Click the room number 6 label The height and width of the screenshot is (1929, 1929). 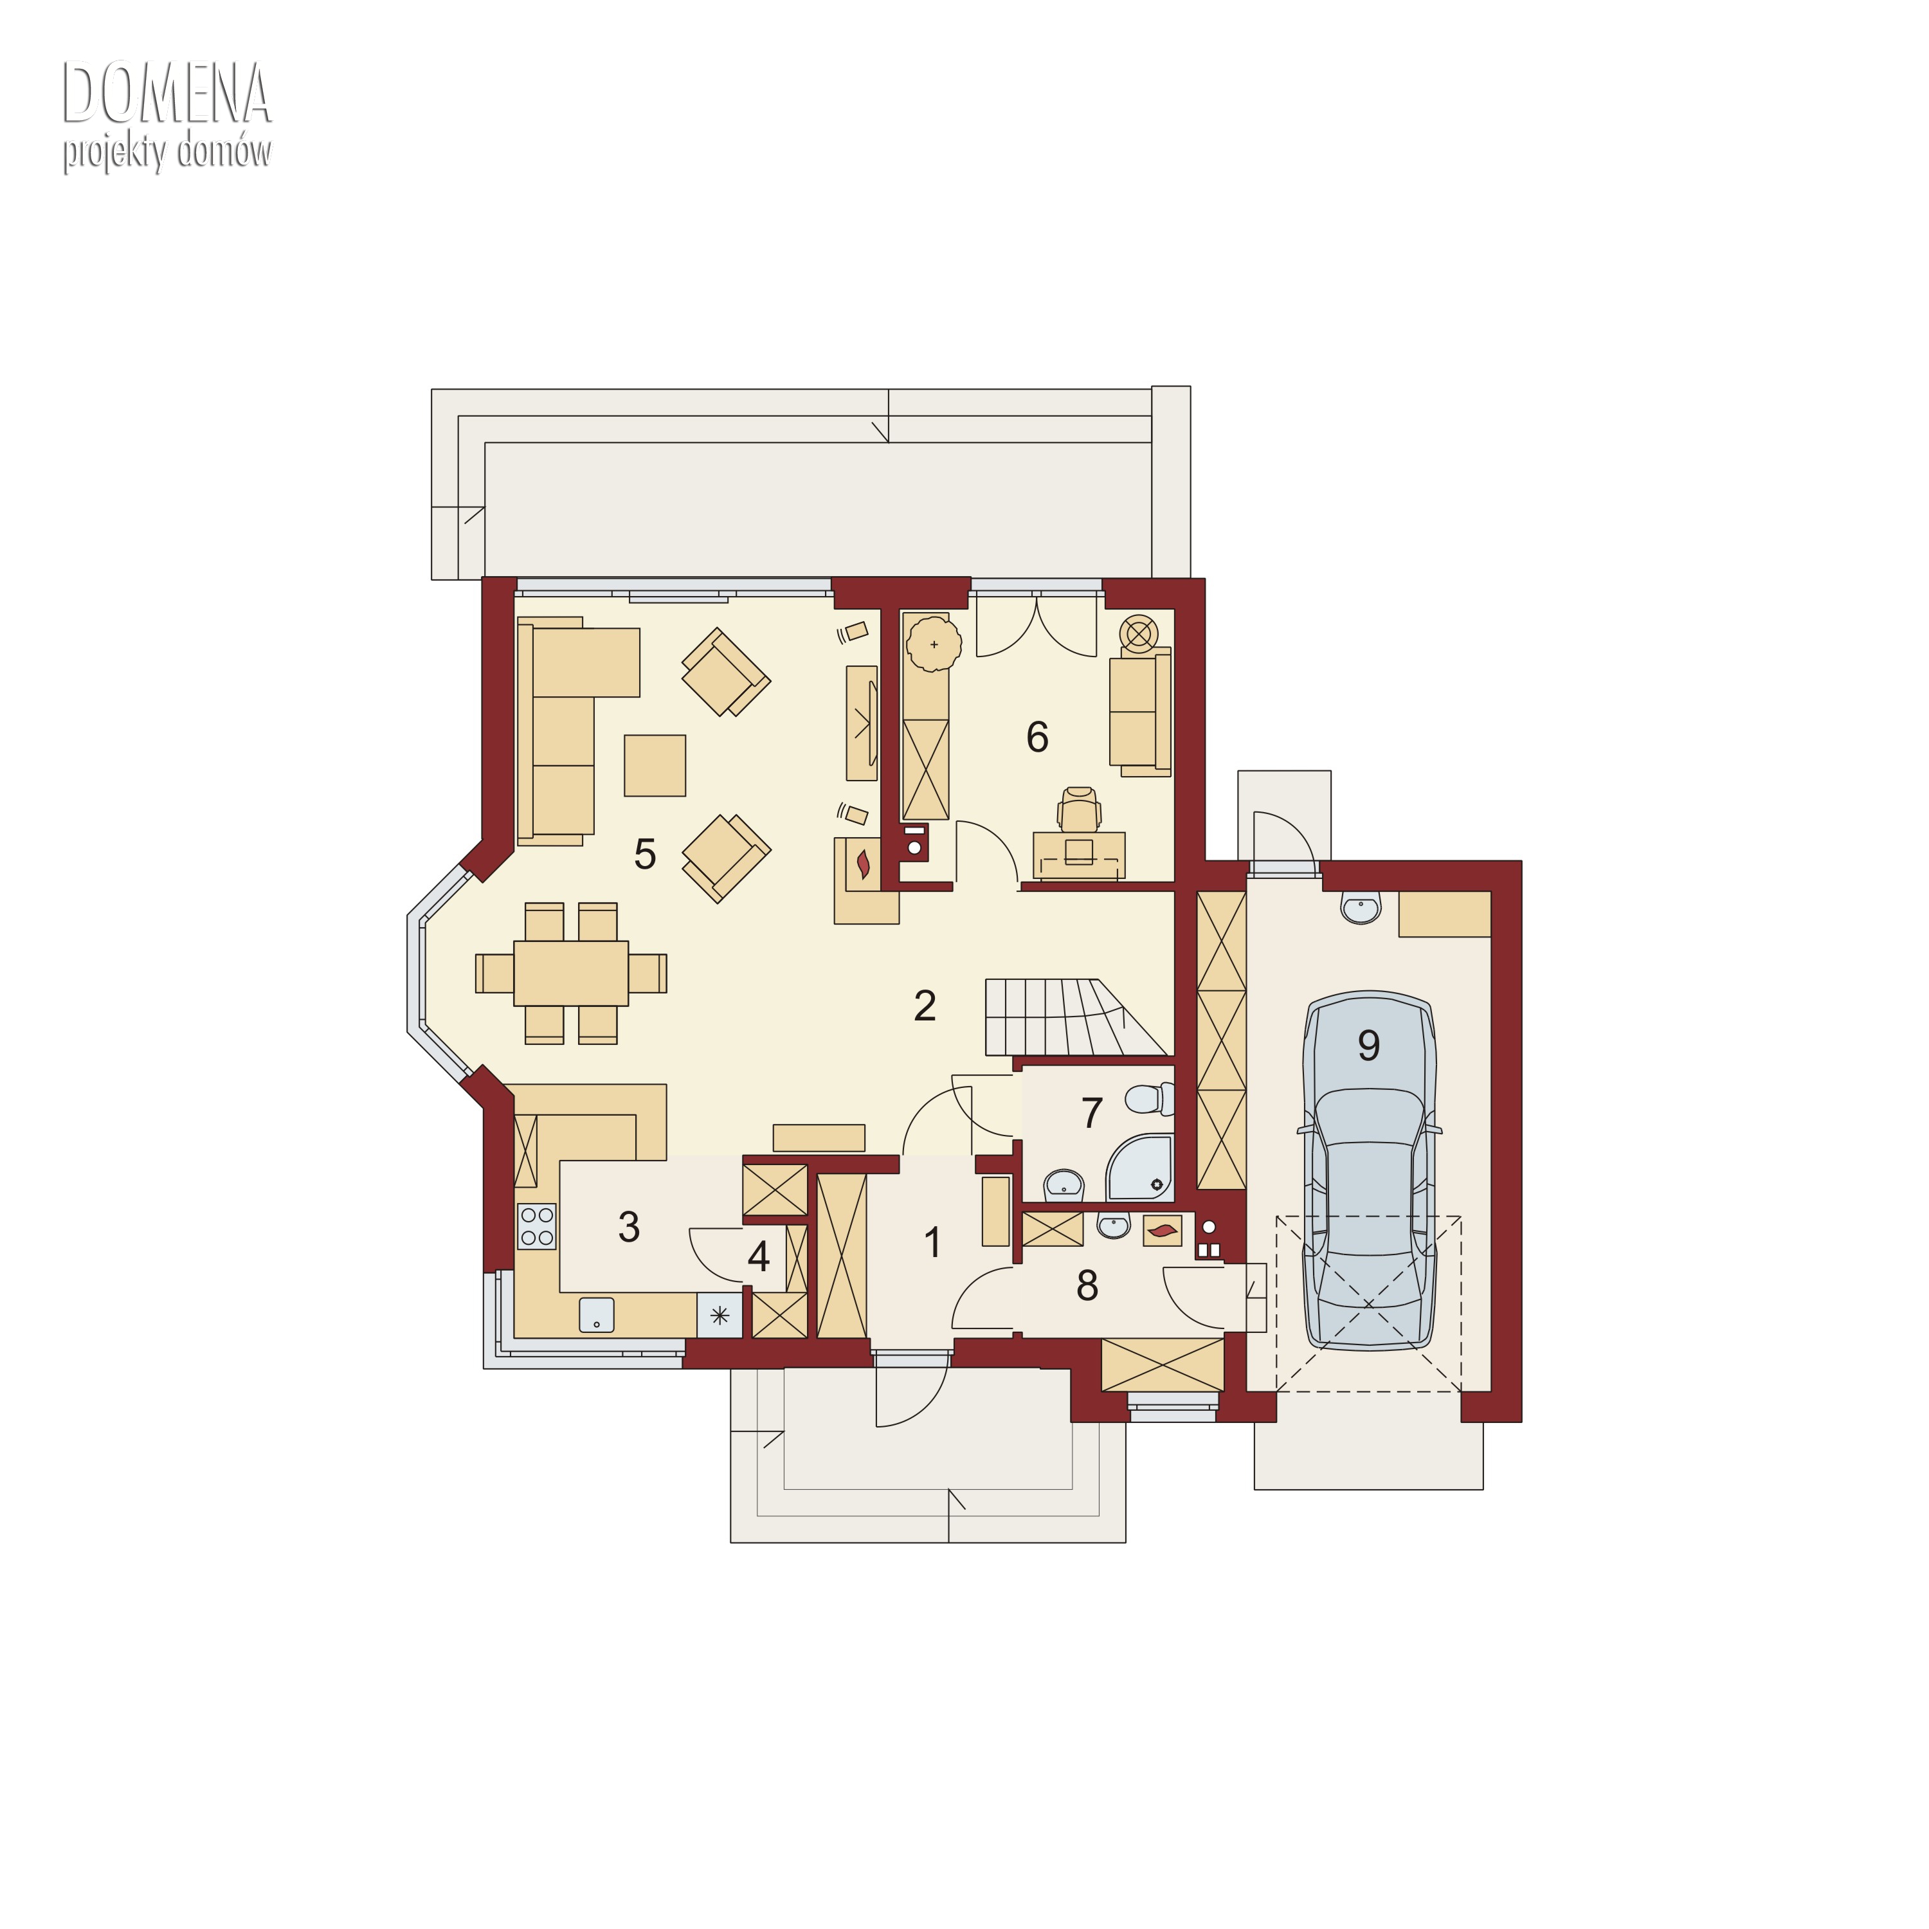point(1037,737)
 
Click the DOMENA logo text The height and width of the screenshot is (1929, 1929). point(167,93)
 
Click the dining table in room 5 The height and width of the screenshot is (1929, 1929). point(571,972)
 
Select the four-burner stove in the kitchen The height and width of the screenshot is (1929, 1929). point(537,1226)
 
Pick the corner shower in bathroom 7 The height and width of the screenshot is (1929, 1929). point(1140,1167)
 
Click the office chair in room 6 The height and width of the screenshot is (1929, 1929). point(1080,810)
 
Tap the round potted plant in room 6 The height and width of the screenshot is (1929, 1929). point(934,644)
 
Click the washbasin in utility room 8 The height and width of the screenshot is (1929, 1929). point(1113,1225)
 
